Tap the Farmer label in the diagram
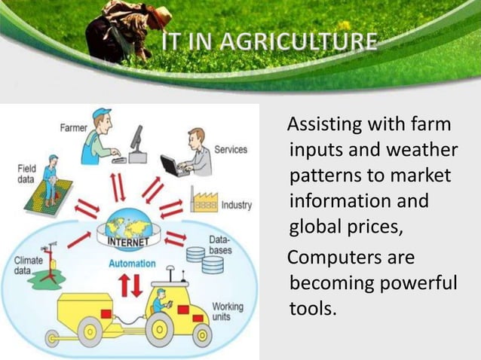click(73, 127)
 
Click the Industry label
click(237, 205)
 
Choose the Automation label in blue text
click(132, 264)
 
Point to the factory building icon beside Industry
click(204, 202)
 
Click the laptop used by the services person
click(174, 166)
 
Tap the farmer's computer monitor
click(136, 141)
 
